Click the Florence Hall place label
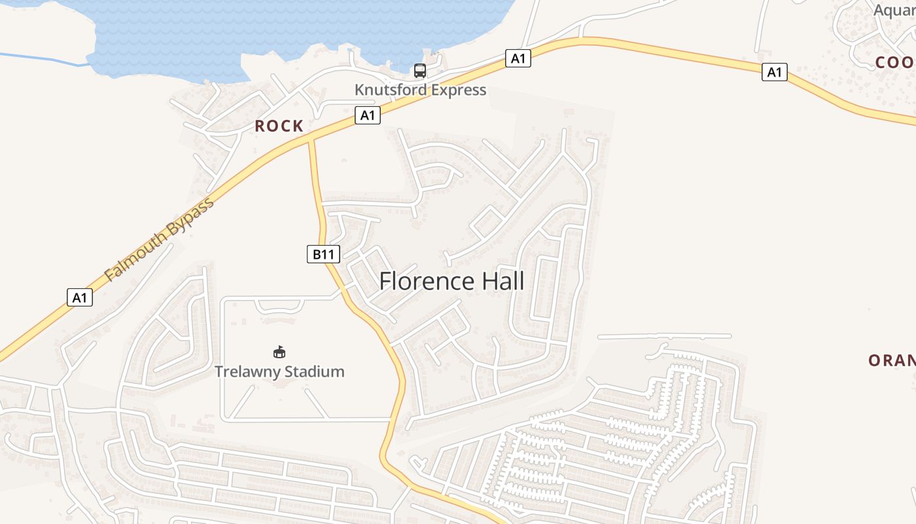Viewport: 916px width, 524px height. (451, 281)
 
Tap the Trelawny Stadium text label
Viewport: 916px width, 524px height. (279, 371)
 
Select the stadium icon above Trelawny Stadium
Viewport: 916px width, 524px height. (279, 352)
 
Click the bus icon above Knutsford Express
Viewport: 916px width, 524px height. (420, 71)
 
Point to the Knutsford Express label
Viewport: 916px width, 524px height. (420, 90)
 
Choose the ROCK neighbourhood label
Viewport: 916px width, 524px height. (279, 126)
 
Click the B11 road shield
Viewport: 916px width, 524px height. (323, 254)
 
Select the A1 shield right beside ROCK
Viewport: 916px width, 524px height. (368, 115)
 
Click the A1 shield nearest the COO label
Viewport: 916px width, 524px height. (774, 72)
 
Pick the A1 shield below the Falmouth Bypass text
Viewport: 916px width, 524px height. (80, 297)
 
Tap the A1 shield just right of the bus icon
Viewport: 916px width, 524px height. (518, 58)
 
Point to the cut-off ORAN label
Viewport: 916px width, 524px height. (891, 360)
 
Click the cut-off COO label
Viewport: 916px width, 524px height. (895, 62)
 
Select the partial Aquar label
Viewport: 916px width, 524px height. (894, 10)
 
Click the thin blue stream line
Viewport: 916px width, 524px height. (39, 59)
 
